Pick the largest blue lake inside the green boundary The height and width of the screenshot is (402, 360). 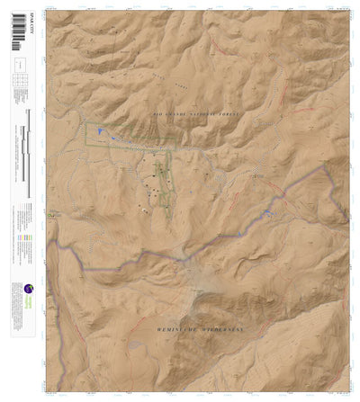click(102, 133)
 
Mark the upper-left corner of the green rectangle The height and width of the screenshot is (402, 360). click(86, 123)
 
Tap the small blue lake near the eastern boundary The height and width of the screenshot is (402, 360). click(267, 212)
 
